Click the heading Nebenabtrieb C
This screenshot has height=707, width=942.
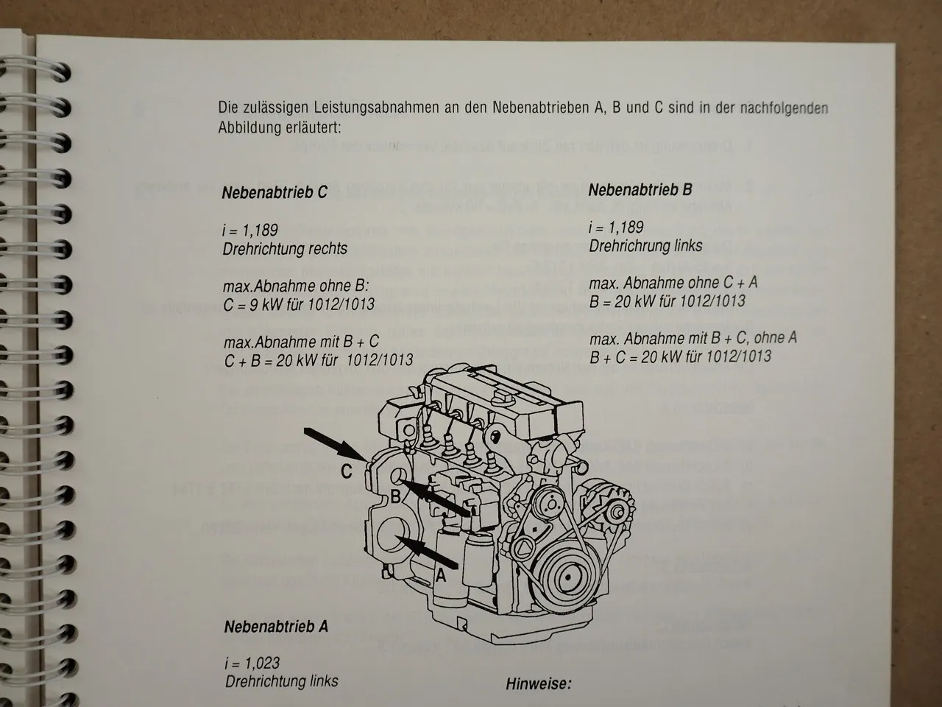[275, 193]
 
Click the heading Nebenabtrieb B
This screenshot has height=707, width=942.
[640, 190]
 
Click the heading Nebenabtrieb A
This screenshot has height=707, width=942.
[276, 627]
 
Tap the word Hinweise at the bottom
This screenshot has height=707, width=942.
[538, 683]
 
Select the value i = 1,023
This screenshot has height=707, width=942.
[252, 663]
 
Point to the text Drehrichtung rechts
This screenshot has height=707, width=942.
[285, 248]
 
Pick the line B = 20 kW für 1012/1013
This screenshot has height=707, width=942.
[667, 300]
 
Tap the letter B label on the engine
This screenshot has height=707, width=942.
[394, 496]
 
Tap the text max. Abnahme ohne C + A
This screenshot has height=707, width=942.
[673, 283]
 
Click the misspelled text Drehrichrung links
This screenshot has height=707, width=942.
[645, 245]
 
